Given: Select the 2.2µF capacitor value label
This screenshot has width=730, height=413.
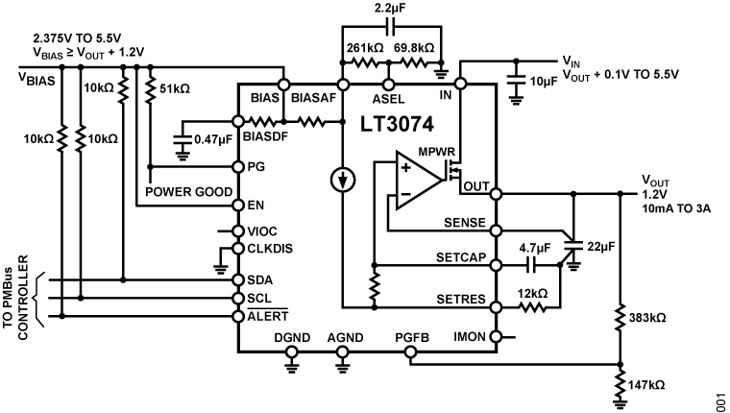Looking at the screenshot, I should [388, 10].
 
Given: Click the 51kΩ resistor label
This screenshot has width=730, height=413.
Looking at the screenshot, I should [174, 87].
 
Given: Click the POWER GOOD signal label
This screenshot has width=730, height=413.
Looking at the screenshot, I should [187, 191].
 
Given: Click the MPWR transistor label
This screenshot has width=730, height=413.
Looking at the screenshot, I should [436, 151].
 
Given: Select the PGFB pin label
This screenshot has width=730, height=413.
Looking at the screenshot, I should [410, 336].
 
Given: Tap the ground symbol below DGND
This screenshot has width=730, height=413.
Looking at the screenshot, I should [291, 363].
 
